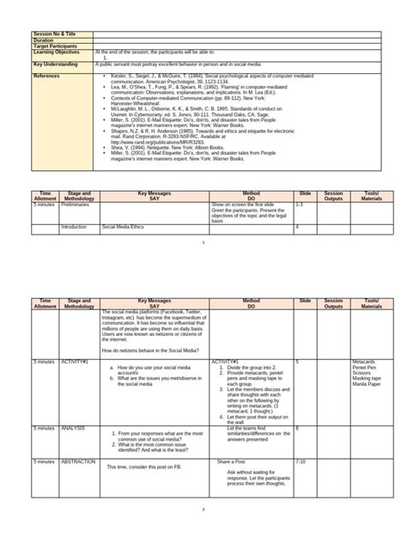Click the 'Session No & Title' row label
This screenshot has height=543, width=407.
point(54,34)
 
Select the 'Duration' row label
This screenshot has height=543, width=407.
point(44,40)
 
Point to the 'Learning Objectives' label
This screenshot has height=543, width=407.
point(54,52)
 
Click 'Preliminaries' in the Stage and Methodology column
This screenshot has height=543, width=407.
point(77,206)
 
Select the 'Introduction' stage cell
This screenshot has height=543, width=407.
point(75,227)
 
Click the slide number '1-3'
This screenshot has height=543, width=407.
point(299,206)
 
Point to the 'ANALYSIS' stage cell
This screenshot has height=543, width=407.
point(74,427)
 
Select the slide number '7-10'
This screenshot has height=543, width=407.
point(301,461)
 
